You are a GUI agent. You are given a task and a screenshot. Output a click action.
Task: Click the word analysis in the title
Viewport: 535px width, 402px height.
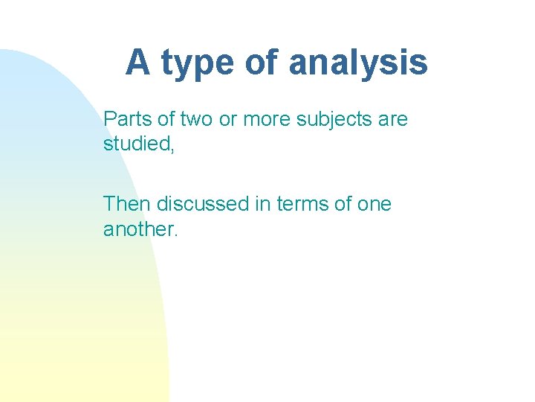pyautogui.click(x=357, y=63)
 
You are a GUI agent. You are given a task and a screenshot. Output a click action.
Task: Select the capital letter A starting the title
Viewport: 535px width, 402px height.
pyautogui.click(x=137, y=62)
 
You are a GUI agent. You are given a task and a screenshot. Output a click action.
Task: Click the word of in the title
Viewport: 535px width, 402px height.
pyautogui.click(x=260, y=62)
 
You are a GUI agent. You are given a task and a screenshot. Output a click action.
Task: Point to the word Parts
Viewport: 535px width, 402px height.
pyautogui.click(x=128, y=119)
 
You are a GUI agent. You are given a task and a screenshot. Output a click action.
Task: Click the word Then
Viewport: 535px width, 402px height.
pyautogui.click(x=127, y=203)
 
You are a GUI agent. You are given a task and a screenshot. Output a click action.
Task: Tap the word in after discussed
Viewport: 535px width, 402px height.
pyautogui.click(x=263, y=203)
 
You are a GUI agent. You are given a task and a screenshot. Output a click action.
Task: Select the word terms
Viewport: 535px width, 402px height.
pyautogui.click(x=303, y=203)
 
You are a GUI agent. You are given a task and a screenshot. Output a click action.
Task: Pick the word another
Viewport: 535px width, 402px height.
pyautogui.click(x=138, y=229)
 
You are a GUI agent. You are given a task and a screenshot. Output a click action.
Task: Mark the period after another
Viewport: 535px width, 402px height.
pyautogui.click(x=176, y=234)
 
